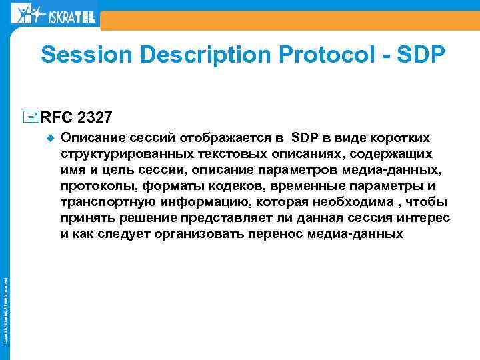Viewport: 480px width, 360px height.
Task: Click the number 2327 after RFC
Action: pos(95,118)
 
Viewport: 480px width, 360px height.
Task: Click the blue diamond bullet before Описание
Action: pos(48,139)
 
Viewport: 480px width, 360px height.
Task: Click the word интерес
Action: pos(423,218)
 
